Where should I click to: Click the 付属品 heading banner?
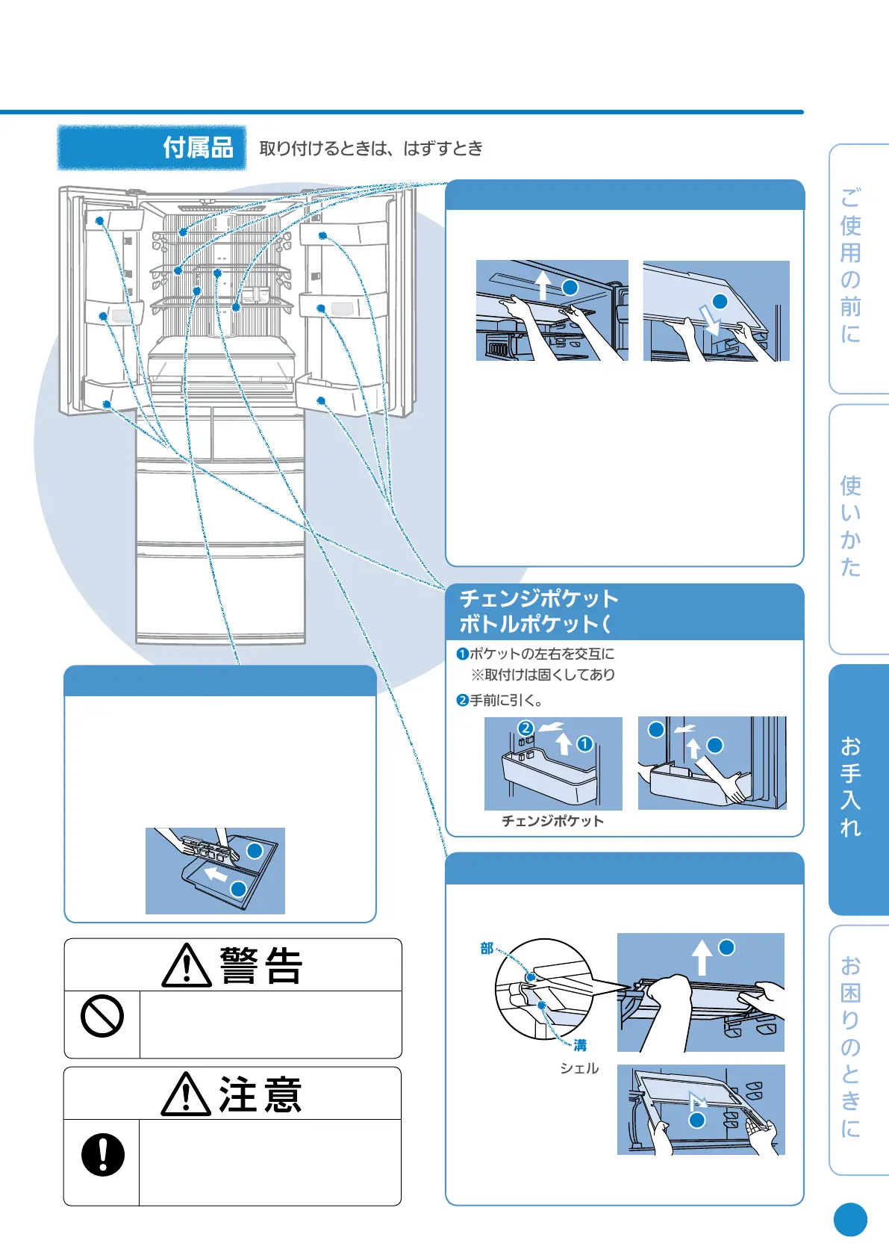click(152, 147)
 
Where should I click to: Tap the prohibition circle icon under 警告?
click(102, 1016)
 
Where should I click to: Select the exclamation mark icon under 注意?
click(102, 1155)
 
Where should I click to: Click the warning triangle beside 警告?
click(186, 966)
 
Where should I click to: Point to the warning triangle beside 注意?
click(186, 1096)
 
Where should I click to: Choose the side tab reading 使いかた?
click(851, 527)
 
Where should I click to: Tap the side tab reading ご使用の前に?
click(851, 266)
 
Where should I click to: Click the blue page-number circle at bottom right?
click(850, 1220)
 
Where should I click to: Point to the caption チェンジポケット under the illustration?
click(552, 821)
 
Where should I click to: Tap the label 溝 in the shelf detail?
click(580, 1045)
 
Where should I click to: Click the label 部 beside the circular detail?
click(487, 948)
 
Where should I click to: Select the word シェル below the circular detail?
click(579, 1068)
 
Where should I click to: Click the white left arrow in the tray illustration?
click(216, 873)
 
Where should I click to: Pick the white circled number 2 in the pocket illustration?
click(525, 728)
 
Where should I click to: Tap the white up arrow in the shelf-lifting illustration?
click(701, 957)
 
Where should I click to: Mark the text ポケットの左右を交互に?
click(541, 654)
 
